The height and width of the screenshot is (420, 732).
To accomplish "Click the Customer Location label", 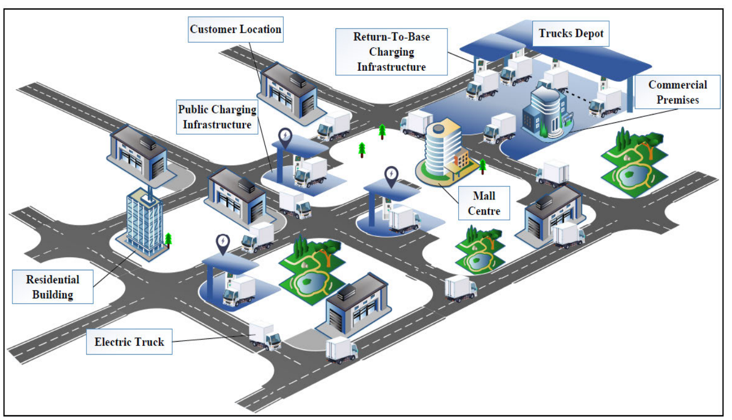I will [x=235, y=29].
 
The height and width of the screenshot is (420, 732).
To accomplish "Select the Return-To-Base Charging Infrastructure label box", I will [x=391, y=52].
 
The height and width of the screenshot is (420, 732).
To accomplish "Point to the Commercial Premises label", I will [x=677, y=92].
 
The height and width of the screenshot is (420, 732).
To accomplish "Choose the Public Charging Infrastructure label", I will [x=217, y=117].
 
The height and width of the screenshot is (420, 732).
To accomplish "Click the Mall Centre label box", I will [x=484, y=202].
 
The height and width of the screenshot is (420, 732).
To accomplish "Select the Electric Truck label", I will [x=129, y=342].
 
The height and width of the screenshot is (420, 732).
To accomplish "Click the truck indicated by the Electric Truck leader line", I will [x=265, y=336].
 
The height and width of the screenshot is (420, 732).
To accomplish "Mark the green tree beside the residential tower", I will [x=168, y=239].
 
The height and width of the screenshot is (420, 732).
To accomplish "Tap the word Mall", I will [x=484, y=195].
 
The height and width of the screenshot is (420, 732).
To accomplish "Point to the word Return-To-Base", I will [x=391, y=37].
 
